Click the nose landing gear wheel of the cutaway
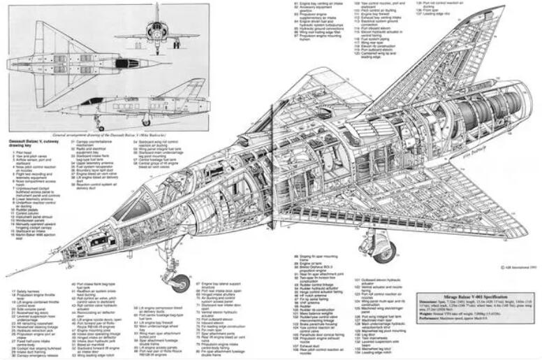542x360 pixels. coord(180,283)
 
